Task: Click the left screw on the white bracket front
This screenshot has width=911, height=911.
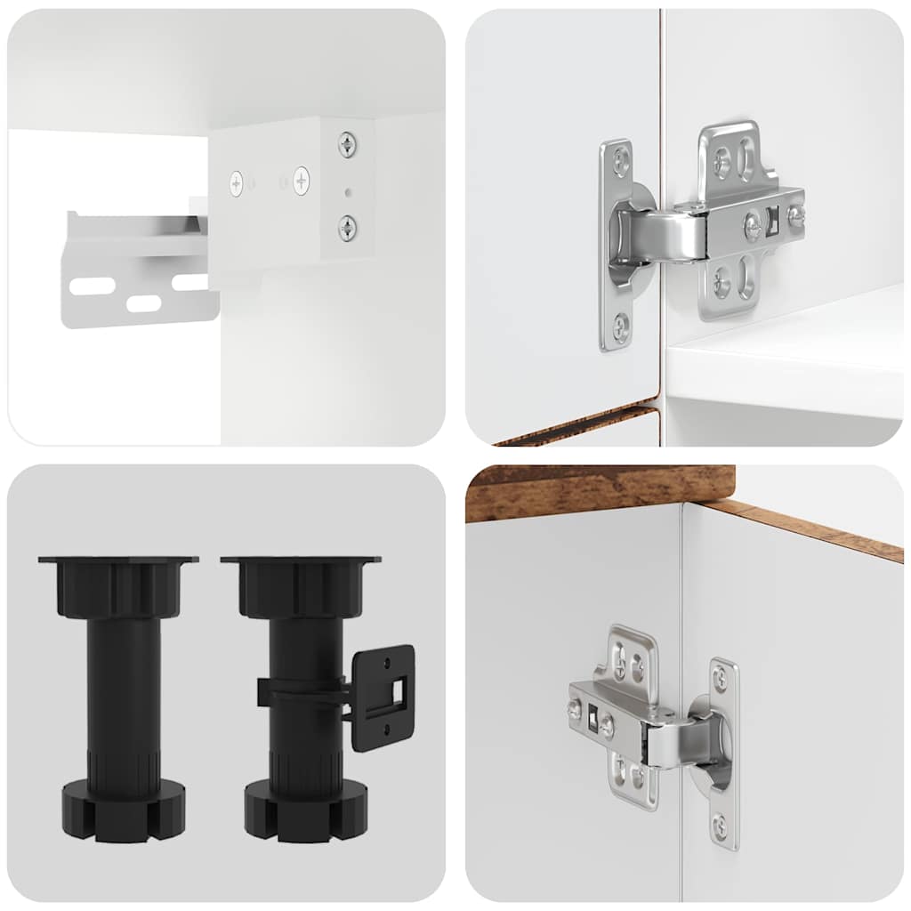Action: click(x=237, y=184)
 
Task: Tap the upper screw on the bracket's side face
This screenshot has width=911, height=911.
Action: click(x=346, y=143)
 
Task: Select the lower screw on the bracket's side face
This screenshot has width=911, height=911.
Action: click(x=346, y=228)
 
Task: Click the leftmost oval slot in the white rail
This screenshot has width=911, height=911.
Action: click(x=93, y=286)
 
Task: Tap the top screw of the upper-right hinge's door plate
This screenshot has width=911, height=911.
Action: click(x=618, y=161)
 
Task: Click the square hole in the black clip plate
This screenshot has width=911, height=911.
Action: click(x=396, y=689)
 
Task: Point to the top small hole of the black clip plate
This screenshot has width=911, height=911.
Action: click(x=387, y=661)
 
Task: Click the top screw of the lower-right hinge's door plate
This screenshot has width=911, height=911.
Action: click(x=719, y=679)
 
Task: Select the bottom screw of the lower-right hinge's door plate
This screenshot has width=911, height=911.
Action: click(x=719, y=828)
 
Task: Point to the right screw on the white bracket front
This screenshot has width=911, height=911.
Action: click(x=301, y=181)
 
